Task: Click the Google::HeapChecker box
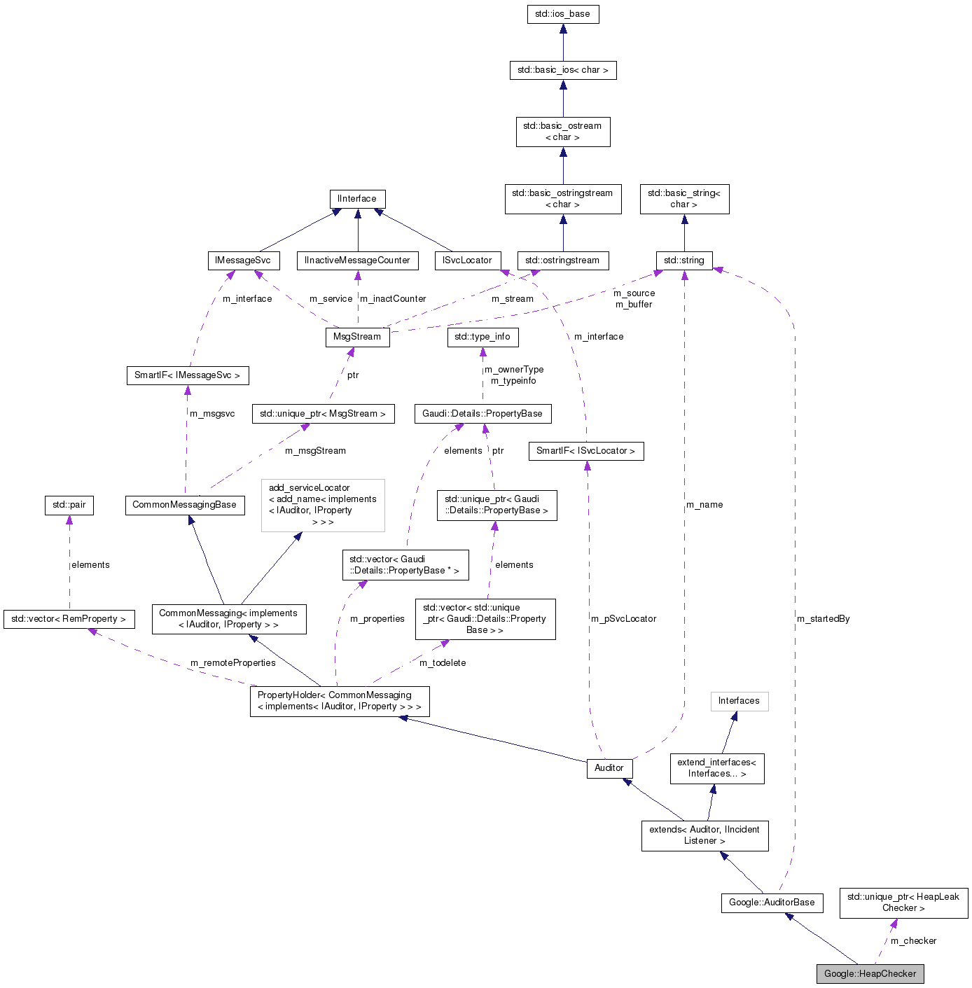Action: [870, 973]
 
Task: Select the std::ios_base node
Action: [562, 14]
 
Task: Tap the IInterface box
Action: [357, 199]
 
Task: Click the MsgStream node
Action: [357, 337]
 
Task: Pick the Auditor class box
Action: [609, 768]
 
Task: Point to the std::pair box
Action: [69, 505]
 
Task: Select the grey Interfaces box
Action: [739, 701]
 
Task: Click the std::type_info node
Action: [482, 337]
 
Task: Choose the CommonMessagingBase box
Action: [185, 505]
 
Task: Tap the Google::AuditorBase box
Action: [772, 903]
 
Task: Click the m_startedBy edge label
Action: [824, 619]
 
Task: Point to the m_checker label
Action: [913, 941]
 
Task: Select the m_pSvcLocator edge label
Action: [624, 619]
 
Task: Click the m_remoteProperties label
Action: [233, 663]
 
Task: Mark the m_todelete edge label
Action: [443, 663]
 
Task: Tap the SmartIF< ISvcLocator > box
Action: [586, 451]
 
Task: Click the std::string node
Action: [684, 260]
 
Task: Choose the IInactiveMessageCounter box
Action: [358, 260]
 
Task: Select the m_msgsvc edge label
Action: [212, 414]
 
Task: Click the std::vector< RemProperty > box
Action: [69, 619]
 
